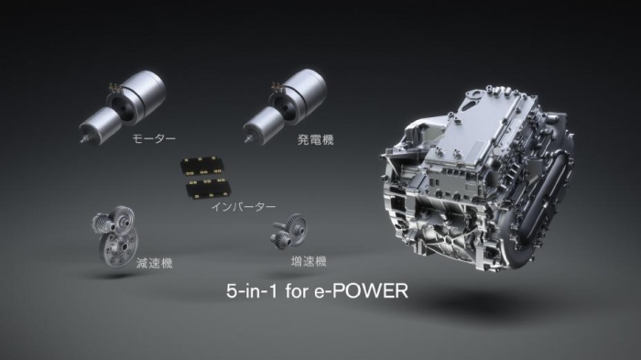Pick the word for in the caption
[302, 293]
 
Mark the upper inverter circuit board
[205, 166]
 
